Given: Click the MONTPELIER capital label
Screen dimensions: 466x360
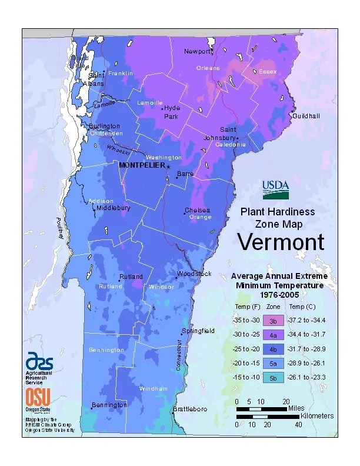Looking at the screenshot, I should click(141, 165).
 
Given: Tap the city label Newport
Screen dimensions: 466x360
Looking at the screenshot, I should click(197, 52).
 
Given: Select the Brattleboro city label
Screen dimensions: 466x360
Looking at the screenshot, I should click(189, 409).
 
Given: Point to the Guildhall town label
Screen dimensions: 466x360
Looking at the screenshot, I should click(306, 116).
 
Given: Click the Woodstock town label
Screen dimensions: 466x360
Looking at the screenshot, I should click(194, 274).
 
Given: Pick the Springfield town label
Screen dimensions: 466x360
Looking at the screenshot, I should click(198, 331).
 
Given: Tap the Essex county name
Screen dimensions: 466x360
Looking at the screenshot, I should click(268, 72).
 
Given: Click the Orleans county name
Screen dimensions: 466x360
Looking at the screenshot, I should click(208, 68).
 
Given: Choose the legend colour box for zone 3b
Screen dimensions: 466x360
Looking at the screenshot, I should click(273, 321).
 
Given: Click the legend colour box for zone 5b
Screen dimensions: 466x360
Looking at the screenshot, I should click(273, 377).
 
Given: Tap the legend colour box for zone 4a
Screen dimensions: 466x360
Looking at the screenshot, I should click(273, 335).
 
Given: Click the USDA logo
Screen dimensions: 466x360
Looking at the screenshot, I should click(276, 189).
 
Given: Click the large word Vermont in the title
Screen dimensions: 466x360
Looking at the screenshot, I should click(281, 242).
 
